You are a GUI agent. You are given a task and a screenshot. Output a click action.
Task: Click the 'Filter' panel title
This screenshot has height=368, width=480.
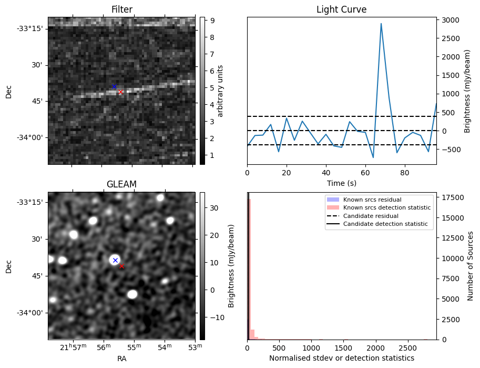point(121,9)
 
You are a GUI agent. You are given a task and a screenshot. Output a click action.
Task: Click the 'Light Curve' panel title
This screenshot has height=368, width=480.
point(341,9)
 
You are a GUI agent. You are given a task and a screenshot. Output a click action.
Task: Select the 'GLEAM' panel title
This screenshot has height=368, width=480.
point(121,184)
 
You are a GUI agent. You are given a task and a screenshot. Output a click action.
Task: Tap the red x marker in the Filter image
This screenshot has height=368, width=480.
point(120,92)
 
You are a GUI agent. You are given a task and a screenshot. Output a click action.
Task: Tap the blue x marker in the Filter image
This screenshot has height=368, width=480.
point(114,86)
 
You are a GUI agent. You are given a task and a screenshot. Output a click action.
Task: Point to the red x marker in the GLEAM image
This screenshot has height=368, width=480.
point(121,266)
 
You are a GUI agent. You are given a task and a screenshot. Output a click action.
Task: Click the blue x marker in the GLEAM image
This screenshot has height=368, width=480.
point(115,261)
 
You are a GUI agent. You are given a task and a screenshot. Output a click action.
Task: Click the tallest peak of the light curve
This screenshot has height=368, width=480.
point(381,24)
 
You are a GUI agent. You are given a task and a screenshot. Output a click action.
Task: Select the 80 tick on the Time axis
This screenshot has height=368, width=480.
point(404,172)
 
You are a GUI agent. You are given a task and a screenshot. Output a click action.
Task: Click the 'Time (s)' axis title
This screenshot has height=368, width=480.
point(341,182)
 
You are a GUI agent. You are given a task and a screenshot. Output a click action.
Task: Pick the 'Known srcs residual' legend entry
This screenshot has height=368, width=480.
point(372,200)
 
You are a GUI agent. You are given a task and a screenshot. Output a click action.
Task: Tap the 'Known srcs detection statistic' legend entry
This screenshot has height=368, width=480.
point(386,208)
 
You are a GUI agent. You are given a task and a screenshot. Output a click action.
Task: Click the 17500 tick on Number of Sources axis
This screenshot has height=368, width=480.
point(451,197)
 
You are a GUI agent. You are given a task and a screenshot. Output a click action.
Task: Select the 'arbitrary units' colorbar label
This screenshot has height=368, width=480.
point(220,91)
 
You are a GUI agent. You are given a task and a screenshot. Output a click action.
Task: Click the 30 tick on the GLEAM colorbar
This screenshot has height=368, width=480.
point(212,208)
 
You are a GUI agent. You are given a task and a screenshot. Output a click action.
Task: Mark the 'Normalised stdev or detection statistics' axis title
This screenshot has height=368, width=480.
point(341,358)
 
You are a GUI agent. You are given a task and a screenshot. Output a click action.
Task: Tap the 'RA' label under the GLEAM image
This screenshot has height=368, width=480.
point(121,359)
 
